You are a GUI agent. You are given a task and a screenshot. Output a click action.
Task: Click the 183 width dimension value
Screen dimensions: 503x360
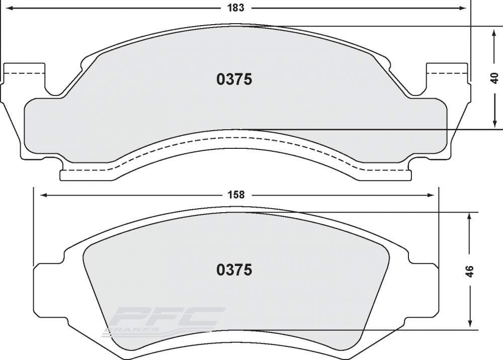[x=236, y=8]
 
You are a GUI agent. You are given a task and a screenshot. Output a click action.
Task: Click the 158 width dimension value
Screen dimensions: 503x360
[x=236, y=195]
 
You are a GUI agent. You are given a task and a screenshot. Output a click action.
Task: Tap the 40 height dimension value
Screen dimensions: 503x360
[x=495, y=78]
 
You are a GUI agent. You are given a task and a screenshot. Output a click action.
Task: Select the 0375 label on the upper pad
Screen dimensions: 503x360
[x=234, y=79]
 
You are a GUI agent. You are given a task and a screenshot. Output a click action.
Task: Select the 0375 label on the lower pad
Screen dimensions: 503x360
[x=234, y=270]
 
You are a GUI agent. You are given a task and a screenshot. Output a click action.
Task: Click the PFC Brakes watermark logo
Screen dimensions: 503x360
[x=163, y=321]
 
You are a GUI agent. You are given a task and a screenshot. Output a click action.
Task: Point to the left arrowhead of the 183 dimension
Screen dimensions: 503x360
[x=9, y=8]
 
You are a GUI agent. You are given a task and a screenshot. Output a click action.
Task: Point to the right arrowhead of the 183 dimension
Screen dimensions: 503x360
[x=463, y=8]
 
